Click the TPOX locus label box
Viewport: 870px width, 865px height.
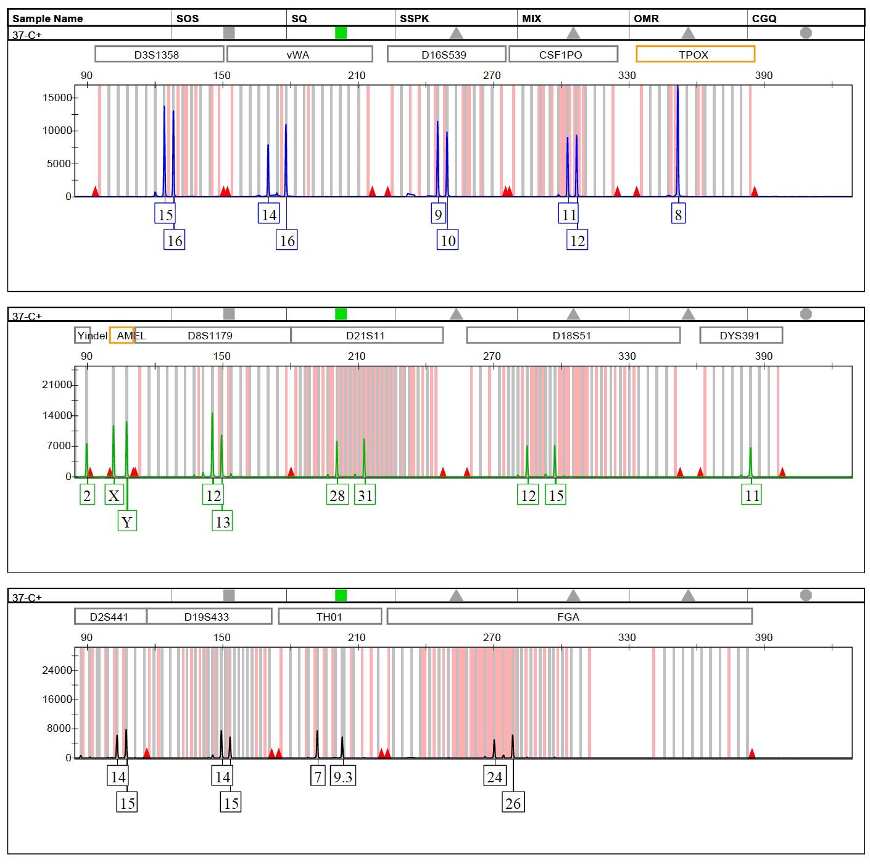click(x=695, y=54)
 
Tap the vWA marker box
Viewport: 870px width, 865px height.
click(x=299, y=54)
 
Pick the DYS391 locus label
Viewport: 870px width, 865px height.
click(x=740, y=336)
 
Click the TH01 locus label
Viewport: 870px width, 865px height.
click(x=329, y=616)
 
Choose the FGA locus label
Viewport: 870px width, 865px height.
click(x=568, y=616)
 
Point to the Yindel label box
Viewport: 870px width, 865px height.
click(x=83, y=336)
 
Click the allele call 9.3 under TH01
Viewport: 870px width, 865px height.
click(x=343, y=777)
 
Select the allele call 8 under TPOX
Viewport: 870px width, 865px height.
click(x=678, y=215)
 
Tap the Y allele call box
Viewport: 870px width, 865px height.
click(x=127, y=522)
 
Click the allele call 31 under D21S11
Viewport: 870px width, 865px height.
click(x=365, y=495)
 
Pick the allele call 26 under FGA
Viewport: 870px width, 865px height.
click(x=513, y=803)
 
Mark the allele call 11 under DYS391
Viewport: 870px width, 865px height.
click(x=752, y=495)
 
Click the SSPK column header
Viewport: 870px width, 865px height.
click(x=415, y=19)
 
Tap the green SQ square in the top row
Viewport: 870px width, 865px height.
click(x=341, y=33)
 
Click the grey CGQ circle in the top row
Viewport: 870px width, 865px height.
click(x=806, y=33)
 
